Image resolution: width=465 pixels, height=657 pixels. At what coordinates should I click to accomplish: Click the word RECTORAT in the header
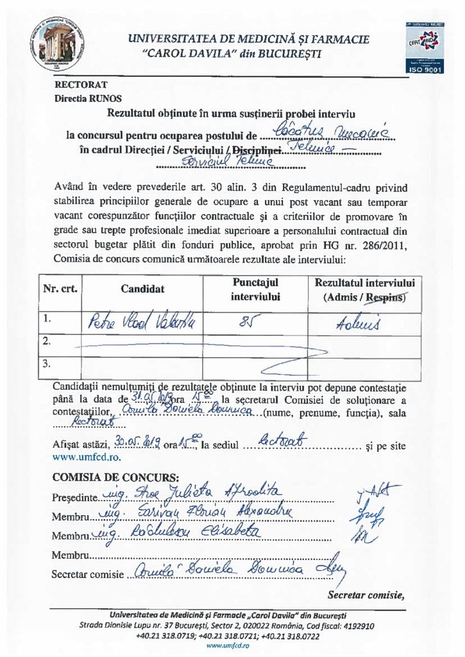point(81,84)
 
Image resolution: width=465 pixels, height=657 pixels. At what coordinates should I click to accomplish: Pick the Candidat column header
point(142,289)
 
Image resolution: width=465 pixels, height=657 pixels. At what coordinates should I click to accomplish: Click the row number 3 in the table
point(46,364)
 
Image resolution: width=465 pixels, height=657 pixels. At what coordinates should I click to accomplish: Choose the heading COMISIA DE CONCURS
point(106,477)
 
